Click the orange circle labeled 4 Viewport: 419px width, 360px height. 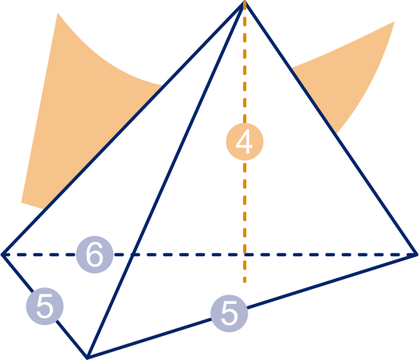[x=245, y=142]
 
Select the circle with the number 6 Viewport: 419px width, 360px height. [x=94, y=255]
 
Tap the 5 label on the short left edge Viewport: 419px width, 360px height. [x=44, y=306]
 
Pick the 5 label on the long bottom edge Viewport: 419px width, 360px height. [x=229, y=313]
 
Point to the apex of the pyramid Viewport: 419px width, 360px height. [x=245, y=2]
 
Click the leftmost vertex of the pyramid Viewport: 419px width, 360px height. [x=2, y=255]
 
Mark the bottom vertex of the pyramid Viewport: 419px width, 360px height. [x=87, y=358]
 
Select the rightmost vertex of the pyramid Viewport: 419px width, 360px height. [x=417, y=255]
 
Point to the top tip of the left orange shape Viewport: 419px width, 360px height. [x=58, y=12]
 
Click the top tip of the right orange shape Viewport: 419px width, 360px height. [x=394, y=22]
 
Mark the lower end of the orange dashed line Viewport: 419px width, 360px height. [x=245, y=282]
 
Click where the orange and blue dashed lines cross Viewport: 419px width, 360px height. [x=245, y=255]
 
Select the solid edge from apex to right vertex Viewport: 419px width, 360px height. [x=330, y=128]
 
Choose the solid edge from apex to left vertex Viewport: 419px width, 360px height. [x=123, y=128]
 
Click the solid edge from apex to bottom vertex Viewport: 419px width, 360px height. [x=166, y=179]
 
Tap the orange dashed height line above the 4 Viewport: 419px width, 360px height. [x=245, y=62]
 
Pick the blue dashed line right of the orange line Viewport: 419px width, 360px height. [x=330, y=255]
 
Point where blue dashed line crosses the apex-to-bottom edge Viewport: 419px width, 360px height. [x=133, y=255]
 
